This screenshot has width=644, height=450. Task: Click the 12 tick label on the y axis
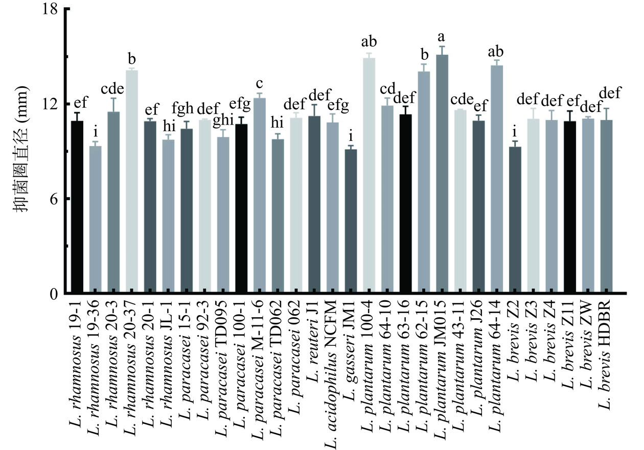(51, 104)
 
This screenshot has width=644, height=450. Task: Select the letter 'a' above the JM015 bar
(442, 37)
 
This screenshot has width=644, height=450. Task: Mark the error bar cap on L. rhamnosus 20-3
(113, 98)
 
